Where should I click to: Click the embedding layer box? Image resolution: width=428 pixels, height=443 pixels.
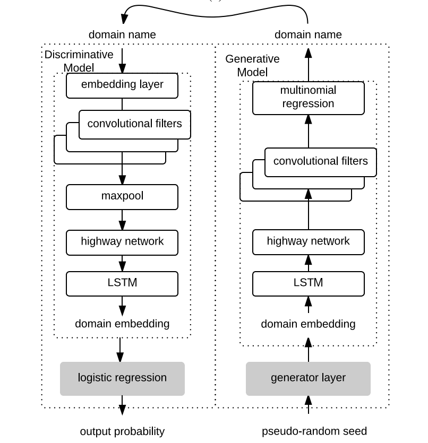click(x=122, y=85)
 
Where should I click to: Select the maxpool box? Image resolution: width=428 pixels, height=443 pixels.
click(x=122, y=196)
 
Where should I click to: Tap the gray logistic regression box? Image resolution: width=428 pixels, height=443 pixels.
click(x=122, y=378)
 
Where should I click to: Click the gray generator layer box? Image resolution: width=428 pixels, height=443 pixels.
click(x=308, y=378)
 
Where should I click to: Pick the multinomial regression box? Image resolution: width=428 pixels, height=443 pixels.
click(x=308, y=98)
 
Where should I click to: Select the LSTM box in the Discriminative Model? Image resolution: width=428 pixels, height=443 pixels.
click(x=122, y=283)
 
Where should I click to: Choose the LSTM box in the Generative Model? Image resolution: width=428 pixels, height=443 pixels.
click(x=308, y=283)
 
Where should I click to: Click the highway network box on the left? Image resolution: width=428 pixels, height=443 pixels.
click(x=122, y=242)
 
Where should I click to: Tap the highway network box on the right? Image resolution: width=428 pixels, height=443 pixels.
click(x=308, y=242)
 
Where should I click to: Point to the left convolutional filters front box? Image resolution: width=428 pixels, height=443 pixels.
click(x=134, y=124)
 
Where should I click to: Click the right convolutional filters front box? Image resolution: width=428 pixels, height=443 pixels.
click(x=321, y=161)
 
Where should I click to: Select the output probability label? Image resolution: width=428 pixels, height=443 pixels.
click(x=122, y=431)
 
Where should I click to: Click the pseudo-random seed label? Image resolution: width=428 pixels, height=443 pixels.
click(x=314, y=431)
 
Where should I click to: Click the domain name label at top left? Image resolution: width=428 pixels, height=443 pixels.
click(x=122, y=35)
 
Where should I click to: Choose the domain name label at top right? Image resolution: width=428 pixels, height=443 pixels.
click(x=308, y=35)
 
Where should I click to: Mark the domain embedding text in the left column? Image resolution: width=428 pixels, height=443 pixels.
click(x=122, y=324)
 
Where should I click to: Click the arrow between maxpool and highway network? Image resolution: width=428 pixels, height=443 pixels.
click(x=122, y=220)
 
